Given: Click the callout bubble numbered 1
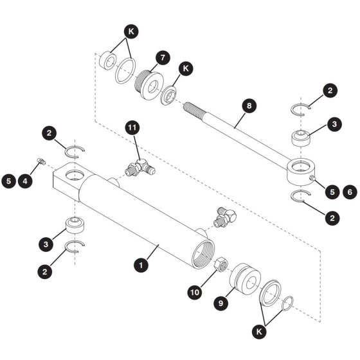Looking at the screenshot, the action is [141, 265].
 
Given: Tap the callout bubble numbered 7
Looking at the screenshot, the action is [163, 57].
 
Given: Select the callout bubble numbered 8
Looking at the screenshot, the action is [249, 105].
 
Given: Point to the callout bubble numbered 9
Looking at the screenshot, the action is [221, 303].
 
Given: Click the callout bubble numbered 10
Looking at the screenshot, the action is [195, 292].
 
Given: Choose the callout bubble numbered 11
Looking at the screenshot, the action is [132, 127].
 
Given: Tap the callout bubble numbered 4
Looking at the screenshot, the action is [25, 181].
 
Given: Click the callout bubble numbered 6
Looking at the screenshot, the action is [350, 192].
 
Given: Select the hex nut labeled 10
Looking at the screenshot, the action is [221, 264].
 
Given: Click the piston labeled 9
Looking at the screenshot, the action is [245, 280].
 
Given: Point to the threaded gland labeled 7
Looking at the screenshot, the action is [148, 84].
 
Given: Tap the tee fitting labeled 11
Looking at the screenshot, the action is [140, 168].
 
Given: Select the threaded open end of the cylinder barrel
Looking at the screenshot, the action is [203, 253].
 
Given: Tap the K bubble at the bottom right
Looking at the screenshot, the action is [259, 331].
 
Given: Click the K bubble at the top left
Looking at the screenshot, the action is [131, 32].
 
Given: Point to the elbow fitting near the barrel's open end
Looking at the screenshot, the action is [225, 217].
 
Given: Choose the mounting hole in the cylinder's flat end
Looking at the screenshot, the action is [75, 175].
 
